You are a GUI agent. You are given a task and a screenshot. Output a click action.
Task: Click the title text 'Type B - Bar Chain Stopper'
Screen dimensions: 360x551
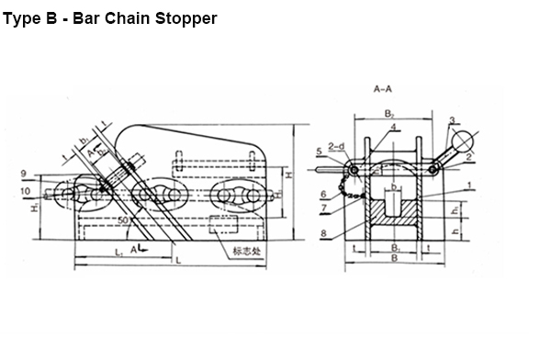point(110,17)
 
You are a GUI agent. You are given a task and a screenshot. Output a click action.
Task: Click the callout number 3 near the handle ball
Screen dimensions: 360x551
point(454,121)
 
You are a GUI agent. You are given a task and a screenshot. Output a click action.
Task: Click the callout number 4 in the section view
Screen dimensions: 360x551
point(393,127)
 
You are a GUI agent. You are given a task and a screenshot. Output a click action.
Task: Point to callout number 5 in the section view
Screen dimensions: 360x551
point(319,150)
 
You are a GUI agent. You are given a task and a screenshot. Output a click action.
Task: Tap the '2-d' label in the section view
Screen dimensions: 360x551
point(336,145)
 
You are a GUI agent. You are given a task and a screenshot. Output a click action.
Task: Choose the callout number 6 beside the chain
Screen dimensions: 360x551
point(325,195)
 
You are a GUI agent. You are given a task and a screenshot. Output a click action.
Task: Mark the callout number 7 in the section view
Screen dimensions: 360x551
point(325,209)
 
